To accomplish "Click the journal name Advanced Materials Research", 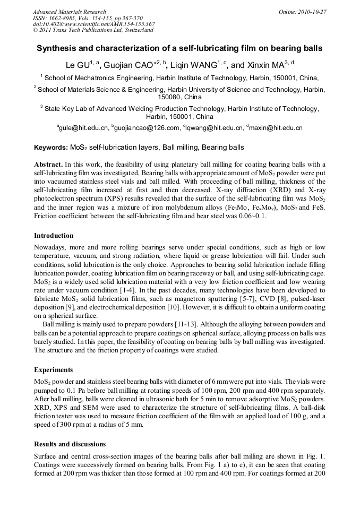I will click(x=69, y=12).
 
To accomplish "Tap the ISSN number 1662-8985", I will click(x=64, y=18).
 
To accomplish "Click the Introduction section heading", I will click(x=54, y=235).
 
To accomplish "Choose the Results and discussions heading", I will click(x=70, y=444).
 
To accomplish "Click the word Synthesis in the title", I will click(x=56, y=48).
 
